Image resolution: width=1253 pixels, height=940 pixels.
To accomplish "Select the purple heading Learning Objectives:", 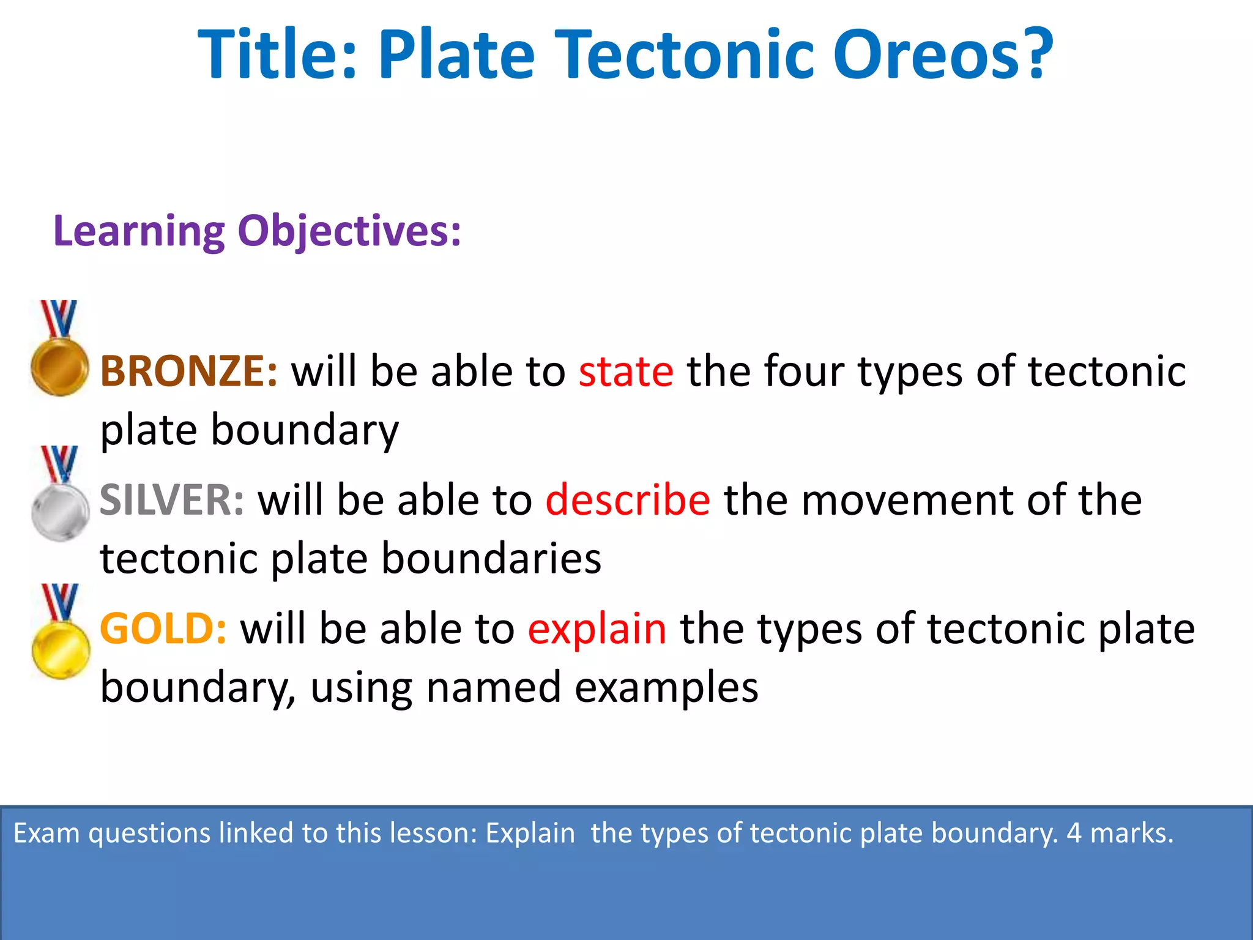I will pyautogui.click(x=257, y=231).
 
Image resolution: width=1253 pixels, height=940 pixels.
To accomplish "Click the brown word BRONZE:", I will pyautogui.click(x=188, y=371).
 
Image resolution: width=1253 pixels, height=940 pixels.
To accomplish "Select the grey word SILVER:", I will pyautogui.click(x=172, y=500).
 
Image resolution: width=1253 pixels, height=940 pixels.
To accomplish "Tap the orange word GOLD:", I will pyautogui.click(x=163, y=629).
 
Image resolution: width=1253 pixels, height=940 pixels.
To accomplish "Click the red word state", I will pyautogui.click(x=626, y=371).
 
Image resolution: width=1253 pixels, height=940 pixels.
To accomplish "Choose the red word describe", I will pyautogui.click(x=628, y=500).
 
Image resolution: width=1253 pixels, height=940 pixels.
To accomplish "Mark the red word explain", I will pyautogui.click(x=597, y=629).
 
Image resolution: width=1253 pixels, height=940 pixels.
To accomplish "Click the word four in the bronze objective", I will pyautogui.click(x=804, y=371).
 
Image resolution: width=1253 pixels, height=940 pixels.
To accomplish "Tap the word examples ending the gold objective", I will pyautogui.click(x=666, y=687).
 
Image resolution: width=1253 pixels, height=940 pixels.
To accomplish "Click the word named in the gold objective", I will pyautogui.click(x=493, y=687).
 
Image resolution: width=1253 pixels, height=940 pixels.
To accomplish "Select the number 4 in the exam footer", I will pyautogui.click(x=1074, y=834).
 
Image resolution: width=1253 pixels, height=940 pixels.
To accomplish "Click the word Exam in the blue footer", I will pyautogui.click(x=46, y=834).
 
